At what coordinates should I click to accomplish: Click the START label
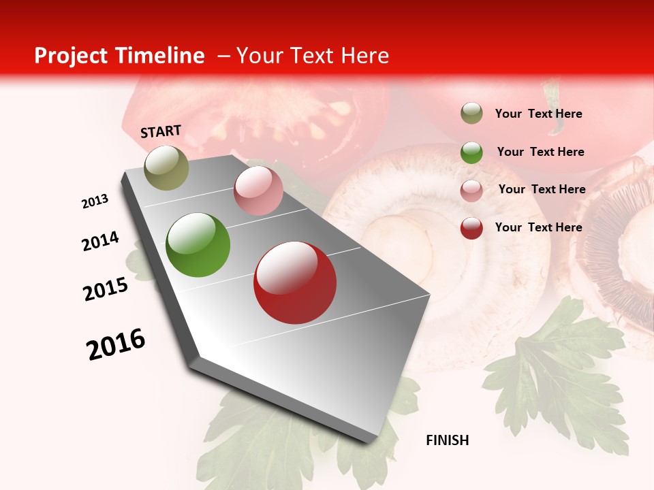coord(161,131)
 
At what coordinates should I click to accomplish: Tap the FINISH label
coord(448,440)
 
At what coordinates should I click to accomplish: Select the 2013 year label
coord(95,201)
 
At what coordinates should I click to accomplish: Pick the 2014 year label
coord(100,242)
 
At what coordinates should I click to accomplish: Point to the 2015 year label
coord(106,289)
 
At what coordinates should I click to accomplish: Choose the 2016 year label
coord(116,344)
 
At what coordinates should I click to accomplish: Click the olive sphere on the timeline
coord(166,167)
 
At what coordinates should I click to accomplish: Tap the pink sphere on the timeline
coord(258,191)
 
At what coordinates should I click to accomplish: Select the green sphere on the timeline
coord(198,245)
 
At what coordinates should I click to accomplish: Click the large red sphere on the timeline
coord(295,282)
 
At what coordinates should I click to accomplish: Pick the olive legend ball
coord(471,114)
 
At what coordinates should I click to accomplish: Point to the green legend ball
coord(471,152)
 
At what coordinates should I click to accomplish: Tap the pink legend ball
coord(471,190)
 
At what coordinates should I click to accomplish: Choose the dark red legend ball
coord(471,228)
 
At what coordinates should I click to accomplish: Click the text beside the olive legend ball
coord(538,114)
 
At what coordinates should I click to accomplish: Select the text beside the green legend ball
coord(540,152)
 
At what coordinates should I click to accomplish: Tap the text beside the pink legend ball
coord(542,189)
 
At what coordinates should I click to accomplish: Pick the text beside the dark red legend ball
coord(538,227)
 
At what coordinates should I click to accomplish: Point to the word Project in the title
coord(70,56)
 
